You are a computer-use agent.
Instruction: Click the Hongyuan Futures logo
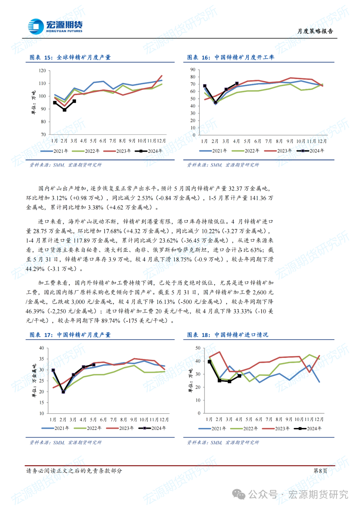tap(55, 26)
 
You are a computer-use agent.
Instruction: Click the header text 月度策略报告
tap(315, 31)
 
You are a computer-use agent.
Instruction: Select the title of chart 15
tap(70, 57)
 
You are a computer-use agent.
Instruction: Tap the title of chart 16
tap(231, 57)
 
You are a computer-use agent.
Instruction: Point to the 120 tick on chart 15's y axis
tap(42, 71)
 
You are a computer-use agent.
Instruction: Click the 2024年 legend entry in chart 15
tap(149, 151)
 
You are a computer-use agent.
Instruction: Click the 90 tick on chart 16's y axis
tap(193, 70)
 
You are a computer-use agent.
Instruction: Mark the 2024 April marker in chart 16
tap(237, 83)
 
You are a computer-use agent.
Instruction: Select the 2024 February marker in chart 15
tap(64, 110)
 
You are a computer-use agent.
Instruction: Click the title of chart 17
tap(70, 335)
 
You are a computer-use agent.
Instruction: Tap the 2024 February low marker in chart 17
tap(63, 392)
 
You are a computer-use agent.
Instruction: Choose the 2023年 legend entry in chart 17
tap(120, 428)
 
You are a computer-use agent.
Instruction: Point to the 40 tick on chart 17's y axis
tap(42, 348)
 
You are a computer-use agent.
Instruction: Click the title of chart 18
tap(228, 335)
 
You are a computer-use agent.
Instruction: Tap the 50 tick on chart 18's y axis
tap(198, 348)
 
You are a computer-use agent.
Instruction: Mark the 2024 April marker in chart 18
tap(239, 376)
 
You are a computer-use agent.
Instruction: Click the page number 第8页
tap(320, 471)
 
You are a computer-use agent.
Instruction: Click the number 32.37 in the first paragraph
tap(235, 189)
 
